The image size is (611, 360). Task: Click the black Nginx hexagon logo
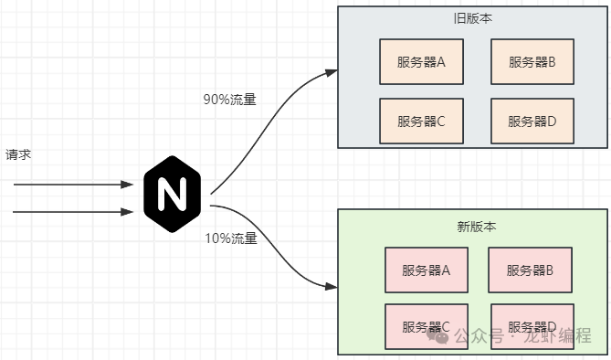pos(170,195)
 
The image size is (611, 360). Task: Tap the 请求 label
pos(18,154)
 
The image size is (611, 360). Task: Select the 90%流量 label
pos(230,100)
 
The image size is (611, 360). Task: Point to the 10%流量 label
pos(230,238)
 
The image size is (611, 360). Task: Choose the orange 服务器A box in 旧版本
pos(421,62)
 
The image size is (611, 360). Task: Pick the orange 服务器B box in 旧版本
pos(532,62)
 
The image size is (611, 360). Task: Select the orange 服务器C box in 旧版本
pos(421,121)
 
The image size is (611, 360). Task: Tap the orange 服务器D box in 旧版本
pos(532,121)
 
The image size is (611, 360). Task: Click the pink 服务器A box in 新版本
pos(427,270)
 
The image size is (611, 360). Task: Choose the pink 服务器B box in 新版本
pos(531,270)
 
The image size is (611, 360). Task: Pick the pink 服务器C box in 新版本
pos(427,326)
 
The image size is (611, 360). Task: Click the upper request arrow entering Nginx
pos(73,185)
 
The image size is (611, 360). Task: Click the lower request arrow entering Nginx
pos(73,213)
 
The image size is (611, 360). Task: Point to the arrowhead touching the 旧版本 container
pos(331,70)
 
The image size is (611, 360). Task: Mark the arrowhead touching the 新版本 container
pos(331,287)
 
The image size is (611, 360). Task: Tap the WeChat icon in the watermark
pos(443,335)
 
